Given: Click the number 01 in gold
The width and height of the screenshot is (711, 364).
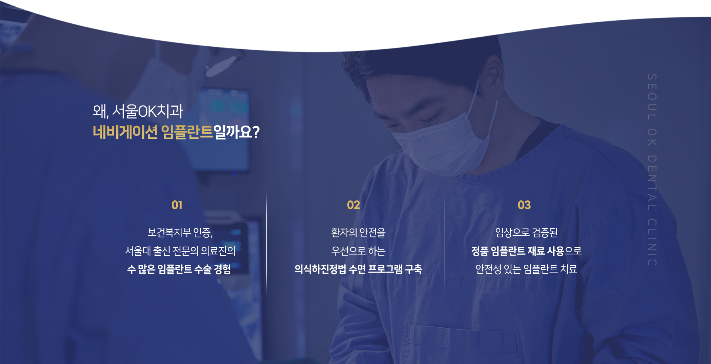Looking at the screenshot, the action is tap(177, 205).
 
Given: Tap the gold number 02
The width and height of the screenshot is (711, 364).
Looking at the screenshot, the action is tap(353, 205).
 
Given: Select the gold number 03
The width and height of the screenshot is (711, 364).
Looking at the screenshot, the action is tap(524, 205).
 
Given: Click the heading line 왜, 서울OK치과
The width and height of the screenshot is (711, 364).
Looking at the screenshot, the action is tap(138, 111).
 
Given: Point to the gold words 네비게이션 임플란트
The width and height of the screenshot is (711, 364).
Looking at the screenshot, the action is tap(153, 132).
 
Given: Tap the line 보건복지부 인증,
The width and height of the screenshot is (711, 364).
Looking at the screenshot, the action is tap(180, 233).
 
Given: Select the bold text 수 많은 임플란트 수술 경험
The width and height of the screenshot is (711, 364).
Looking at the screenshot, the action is tap(179, 269).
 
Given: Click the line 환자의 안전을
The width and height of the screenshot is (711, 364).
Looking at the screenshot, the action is tap(358, 233).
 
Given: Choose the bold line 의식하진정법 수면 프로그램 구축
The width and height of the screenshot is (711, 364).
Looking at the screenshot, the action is tap(358, 269).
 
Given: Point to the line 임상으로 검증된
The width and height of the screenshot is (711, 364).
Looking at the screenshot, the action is tap(526, 233).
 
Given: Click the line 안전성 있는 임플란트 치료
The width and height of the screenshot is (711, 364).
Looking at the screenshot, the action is tap(526, 269).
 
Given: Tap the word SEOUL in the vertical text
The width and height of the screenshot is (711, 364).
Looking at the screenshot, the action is tap(652, 97).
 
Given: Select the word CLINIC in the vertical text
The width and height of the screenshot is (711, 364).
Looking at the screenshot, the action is tap(652, 243).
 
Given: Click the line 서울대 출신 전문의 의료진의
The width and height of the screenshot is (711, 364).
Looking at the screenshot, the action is tap(180, 251).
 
